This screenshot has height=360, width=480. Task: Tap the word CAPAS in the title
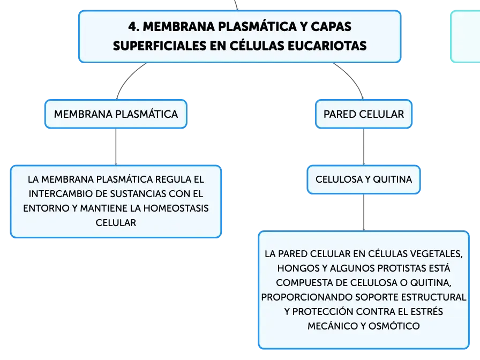tap(331, 27)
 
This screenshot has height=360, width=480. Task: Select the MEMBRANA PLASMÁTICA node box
tap(116, 114)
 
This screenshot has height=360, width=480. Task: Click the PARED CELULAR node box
tap(364, 114)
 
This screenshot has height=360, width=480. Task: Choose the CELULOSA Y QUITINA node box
tap(364, 179)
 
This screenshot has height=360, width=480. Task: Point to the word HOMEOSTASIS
tap(176, 208)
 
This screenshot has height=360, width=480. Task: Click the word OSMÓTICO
tap(394, 326)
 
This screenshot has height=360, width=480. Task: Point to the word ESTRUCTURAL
tap(433, 297)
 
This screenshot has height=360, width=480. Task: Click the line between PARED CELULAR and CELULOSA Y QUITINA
tap(364, 147)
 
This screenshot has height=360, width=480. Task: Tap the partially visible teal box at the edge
tap(466, 36)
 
